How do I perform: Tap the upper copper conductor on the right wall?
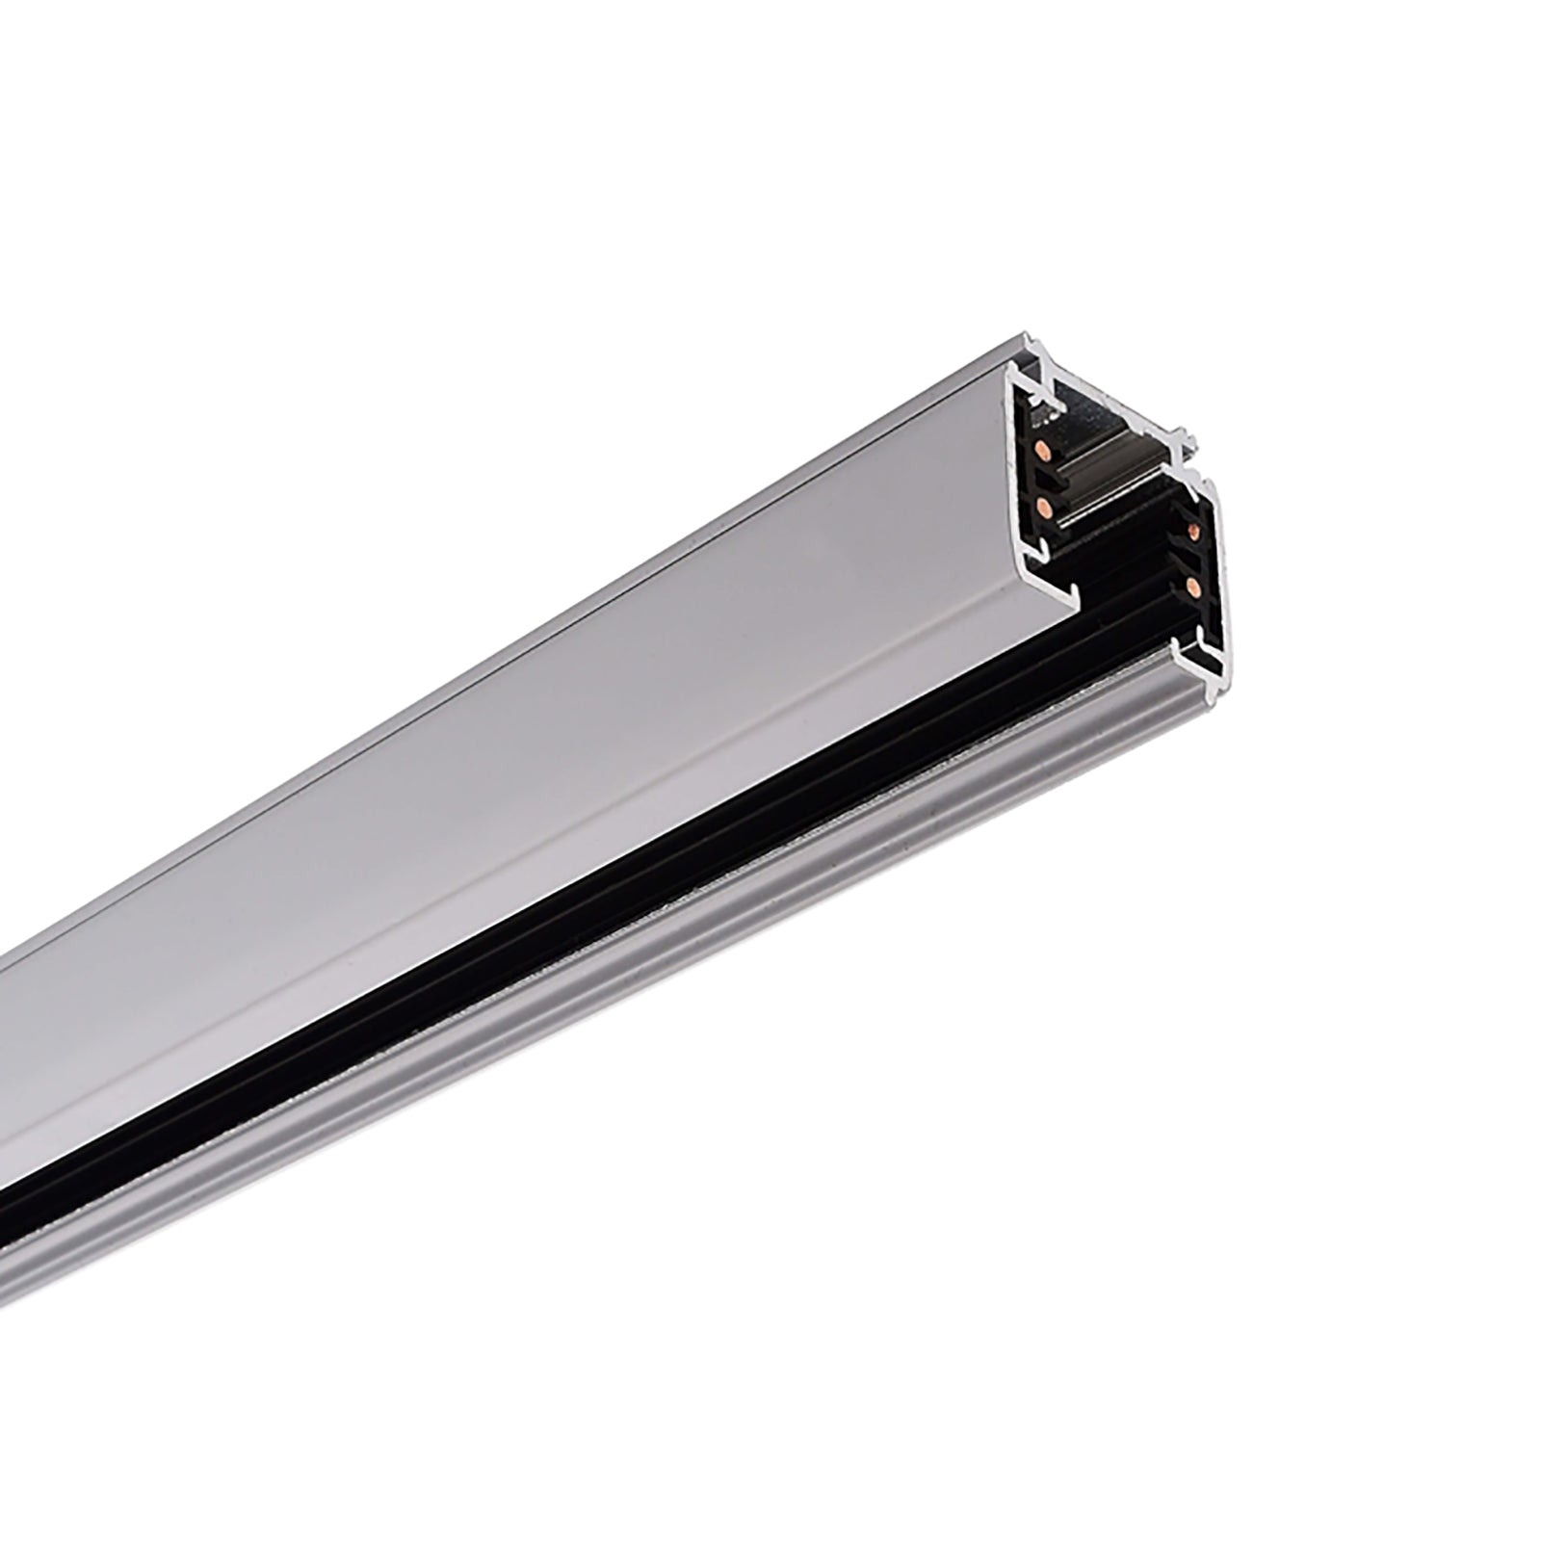pyautogui.click(x=1193, y=531)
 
